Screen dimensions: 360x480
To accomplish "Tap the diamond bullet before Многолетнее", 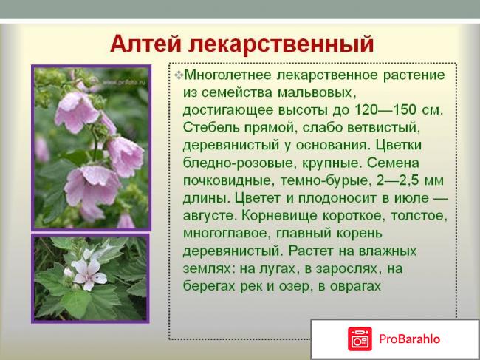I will click(178, 75).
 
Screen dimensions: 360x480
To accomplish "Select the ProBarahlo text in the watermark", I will click(411, 339).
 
